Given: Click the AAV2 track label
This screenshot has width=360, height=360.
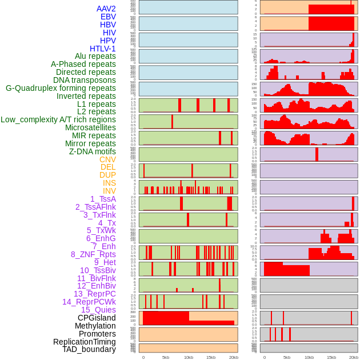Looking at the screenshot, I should [106, 9].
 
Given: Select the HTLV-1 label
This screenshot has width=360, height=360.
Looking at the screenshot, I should [103, 49].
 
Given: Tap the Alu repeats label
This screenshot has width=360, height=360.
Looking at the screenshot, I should [95, 56].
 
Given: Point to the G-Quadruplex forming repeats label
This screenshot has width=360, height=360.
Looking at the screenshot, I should [61, 88].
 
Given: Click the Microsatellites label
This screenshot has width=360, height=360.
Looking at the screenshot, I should [90, 127].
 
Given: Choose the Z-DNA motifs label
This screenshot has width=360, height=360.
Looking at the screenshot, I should [93, 151].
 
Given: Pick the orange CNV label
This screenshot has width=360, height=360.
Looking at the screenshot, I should [107, 159].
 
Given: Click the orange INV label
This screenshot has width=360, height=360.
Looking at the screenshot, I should [109, 191].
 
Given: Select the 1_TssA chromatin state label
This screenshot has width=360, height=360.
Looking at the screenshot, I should [103, 199].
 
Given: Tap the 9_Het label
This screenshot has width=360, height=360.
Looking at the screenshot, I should [105, 262].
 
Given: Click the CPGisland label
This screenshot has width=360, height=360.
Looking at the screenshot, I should [97, 318].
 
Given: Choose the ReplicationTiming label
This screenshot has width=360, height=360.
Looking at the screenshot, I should [85, 342].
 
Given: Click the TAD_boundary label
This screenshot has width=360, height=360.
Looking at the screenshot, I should [89, 349].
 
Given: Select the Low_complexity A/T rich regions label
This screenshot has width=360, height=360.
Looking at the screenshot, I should [58, 119].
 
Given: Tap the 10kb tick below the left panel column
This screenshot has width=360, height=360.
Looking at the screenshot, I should [188, 357].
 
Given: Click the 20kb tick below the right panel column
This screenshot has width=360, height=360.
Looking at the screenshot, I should [354, 357].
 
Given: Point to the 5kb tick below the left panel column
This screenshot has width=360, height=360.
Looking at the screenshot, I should [166, 357].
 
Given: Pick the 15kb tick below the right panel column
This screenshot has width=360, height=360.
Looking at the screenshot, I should [331, 357].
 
